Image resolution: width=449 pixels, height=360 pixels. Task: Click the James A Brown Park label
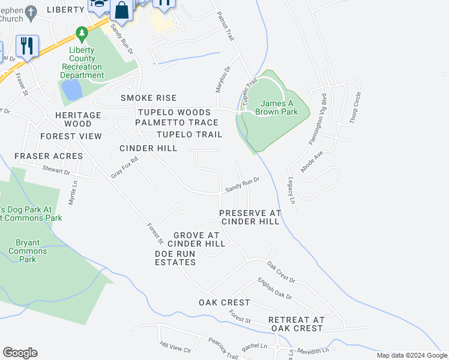(x=276, y=107)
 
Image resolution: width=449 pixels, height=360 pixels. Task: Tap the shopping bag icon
(x=121, y=11)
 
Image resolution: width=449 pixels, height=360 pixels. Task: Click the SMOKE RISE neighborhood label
(x=148, y=98)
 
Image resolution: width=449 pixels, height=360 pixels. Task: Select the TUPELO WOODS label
(x=174, y=112)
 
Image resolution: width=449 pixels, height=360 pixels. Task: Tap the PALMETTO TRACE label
(x=176, y=122)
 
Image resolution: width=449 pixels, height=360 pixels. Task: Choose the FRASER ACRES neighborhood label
(x=49, y=156)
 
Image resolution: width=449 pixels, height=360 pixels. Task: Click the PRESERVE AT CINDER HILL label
(x=250, y=217)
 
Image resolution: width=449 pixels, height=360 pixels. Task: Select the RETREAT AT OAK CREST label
(x=297, y=324)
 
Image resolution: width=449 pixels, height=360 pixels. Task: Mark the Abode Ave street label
(x=312, y=161)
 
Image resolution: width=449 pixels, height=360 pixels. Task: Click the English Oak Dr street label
(x=275, y=289)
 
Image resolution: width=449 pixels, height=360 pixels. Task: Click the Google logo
(x=20, y=353)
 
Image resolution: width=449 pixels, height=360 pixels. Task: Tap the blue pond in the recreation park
(x=71, y=90)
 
